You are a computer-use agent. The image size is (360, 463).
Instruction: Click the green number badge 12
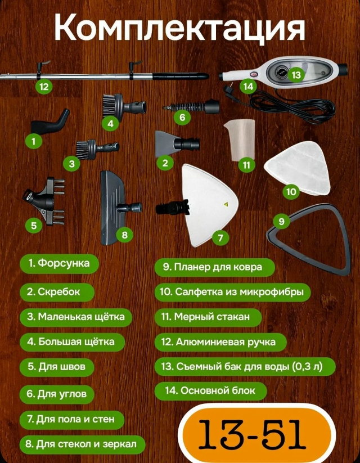[44, 87]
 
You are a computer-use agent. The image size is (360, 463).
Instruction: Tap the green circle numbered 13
[296, 75]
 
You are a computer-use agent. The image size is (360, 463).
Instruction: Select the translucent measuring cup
[240, 140]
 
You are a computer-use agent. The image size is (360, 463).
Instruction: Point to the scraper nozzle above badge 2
[176, 144]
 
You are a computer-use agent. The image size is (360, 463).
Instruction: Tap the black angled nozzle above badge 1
[50, 122]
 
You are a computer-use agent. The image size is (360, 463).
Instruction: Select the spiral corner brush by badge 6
[192, 106]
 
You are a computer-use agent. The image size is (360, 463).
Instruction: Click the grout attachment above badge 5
[44, 201]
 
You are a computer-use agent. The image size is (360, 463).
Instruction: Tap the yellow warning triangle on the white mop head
[226, 204]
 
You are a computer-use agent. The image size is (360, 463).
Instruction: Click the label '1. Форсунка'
[59, 263]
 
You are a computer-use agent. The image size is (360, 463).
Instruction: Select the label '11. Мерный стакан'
[208, 317]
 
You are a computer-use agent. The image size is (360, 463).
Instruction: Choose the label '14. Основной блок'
[210, 390]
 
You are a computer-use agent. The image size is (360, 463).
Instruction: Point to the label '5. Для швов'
[57, 367]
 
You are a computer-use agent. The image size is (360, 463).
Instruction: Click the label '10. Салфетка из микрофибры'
[233, 292]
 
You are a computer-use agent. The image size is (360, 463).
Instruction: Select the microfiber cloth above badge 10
[297, 168]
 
